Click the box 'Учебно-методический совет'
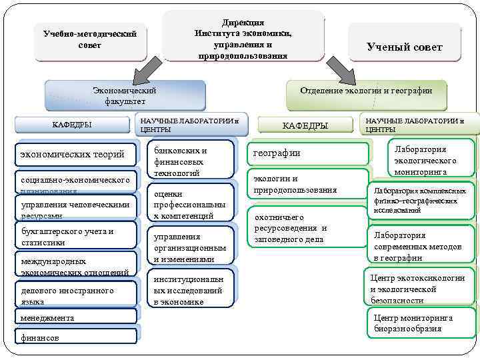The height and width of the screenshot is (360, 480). pos(89,39)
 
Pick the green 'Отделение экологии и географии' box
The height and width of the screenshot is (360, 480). pos(365,91)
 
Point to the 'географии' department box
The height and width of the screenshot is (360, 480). pos(307,153)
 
